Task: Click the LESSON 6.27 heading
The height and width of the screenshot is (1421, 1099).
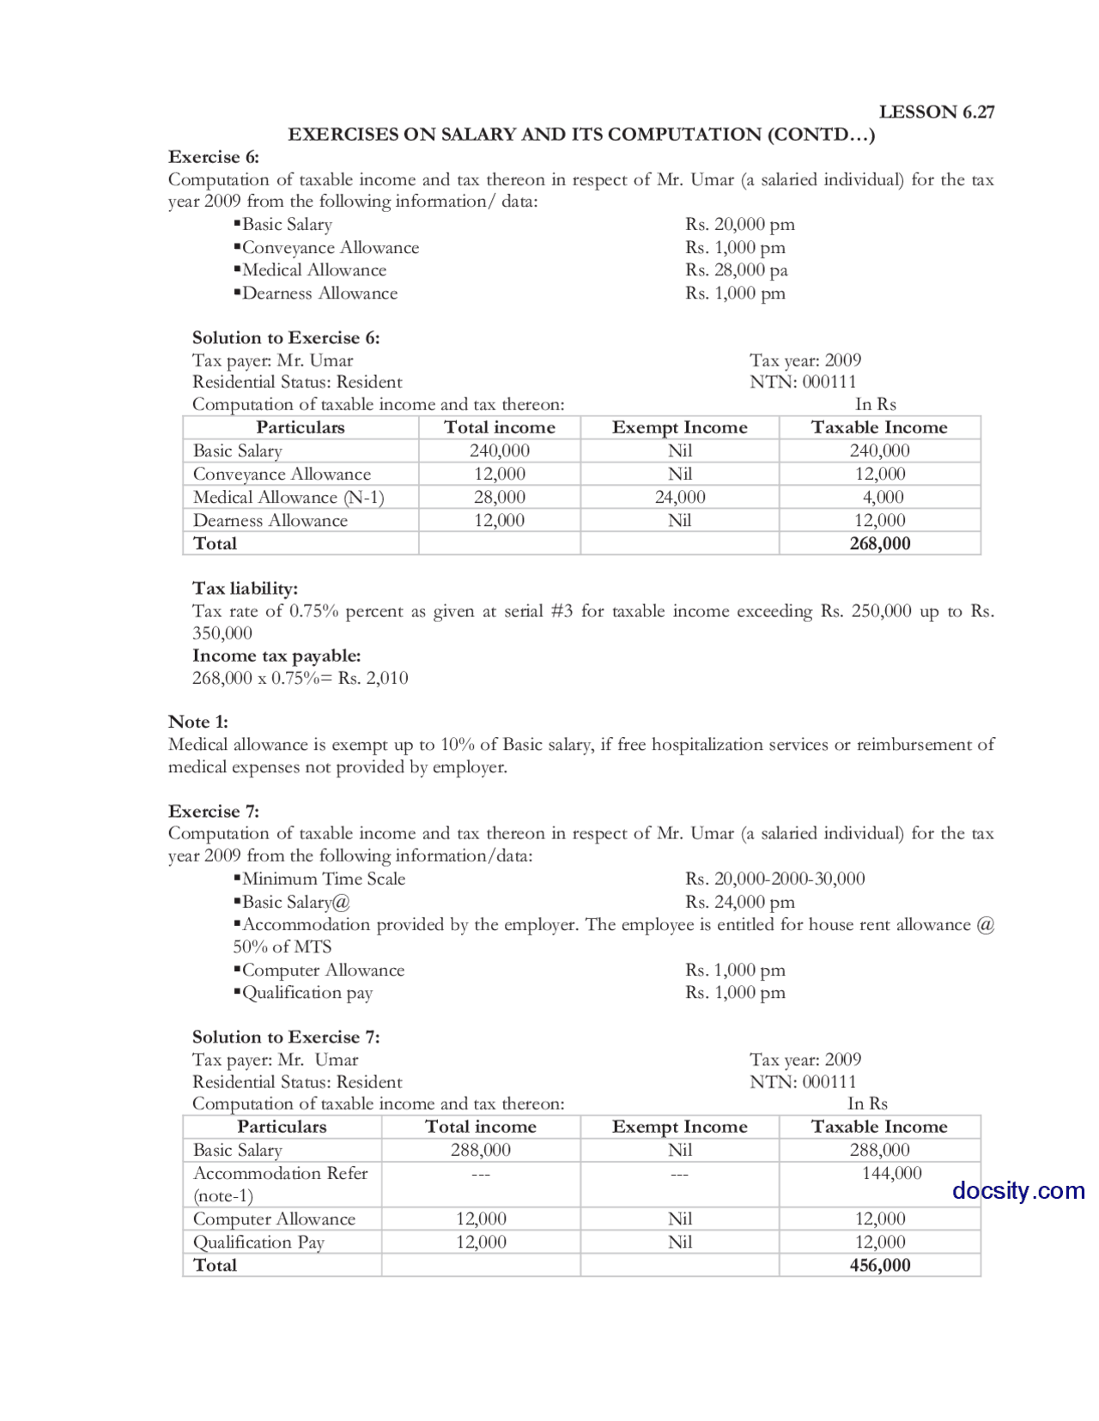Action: (x=936, y=112)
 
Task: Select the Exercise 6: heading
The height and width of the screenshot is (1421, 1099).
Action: (x=213, y=157)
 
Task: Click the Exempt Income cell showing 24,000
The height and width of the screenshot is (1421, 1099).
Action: (x=679, y=497)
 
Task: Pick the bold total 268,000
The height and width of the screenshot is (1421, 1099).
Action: (x=879, y=543)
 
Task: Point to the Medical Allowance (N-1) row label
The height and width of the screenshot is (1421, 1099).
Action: (x=288, y=497)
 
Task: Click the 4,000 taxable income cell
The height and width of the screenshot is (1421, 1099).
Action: (x=883, y=497)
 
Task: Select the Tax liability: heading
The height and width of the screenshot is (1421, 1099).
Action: (x=245, y=588)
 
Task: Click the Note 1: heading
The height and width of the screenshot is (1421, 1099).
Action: (x=197, y=722)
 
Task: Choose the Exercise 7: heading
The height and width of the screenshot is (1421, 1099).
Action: (x=213, y=811)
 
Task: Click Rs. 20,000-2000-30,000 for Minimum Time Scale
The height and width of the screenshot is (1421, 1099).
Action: (x=774, y=879)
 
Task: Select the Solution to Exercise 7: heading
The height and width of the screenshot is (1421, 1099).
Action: (x=285, y=1037)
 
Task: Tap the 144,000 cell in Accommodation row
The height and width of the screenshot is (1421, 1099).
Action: (x=891, y=1173)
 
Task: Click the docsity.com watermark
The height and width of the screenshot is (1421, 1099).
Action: (x=1017, y=1190)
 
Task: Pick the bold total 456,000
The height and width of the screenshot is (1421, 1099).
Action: (x=879, y=1265)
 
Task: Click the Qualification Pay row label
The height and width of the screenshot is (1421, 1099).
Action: (x=258, y=1242)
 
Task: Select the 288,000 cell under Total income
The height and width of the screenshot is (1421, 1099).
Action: (x=480, y=1150)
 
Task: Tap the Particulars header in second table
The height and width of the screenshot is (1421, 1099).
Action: (x=282, y=1127)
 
